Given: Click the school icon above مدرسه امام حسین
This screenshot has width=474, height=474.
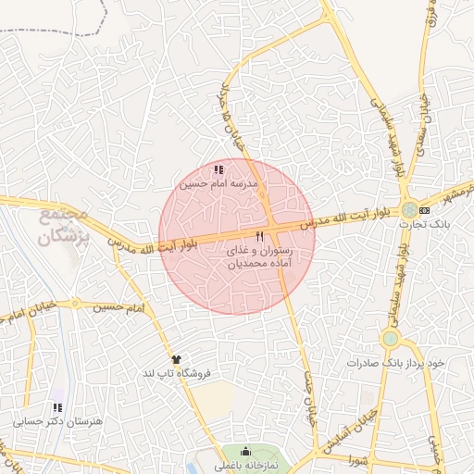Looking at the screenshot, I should (218, 169).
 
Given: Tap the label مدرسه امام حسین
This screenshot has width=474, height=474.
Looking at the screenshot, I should (218, 184).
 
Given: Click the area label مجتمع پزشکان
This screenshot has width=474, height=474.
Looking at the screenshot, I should (62, 223).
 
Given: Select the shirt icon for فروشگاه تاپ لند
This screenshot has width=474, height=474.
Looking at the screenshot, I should (176, 358).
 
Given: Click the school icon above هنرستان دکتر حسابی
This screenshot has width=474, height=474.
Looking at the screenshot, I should (57, 407).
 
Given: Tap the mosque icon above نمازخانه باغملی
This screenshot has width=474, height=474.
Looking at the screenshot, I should (245, 451).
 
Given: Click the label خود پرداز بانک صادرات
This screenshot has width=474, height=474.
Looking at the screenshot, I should (396, 362).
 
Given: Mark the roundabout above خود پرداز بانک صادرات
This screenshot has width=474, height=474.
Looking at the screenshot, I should (390, 338).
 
